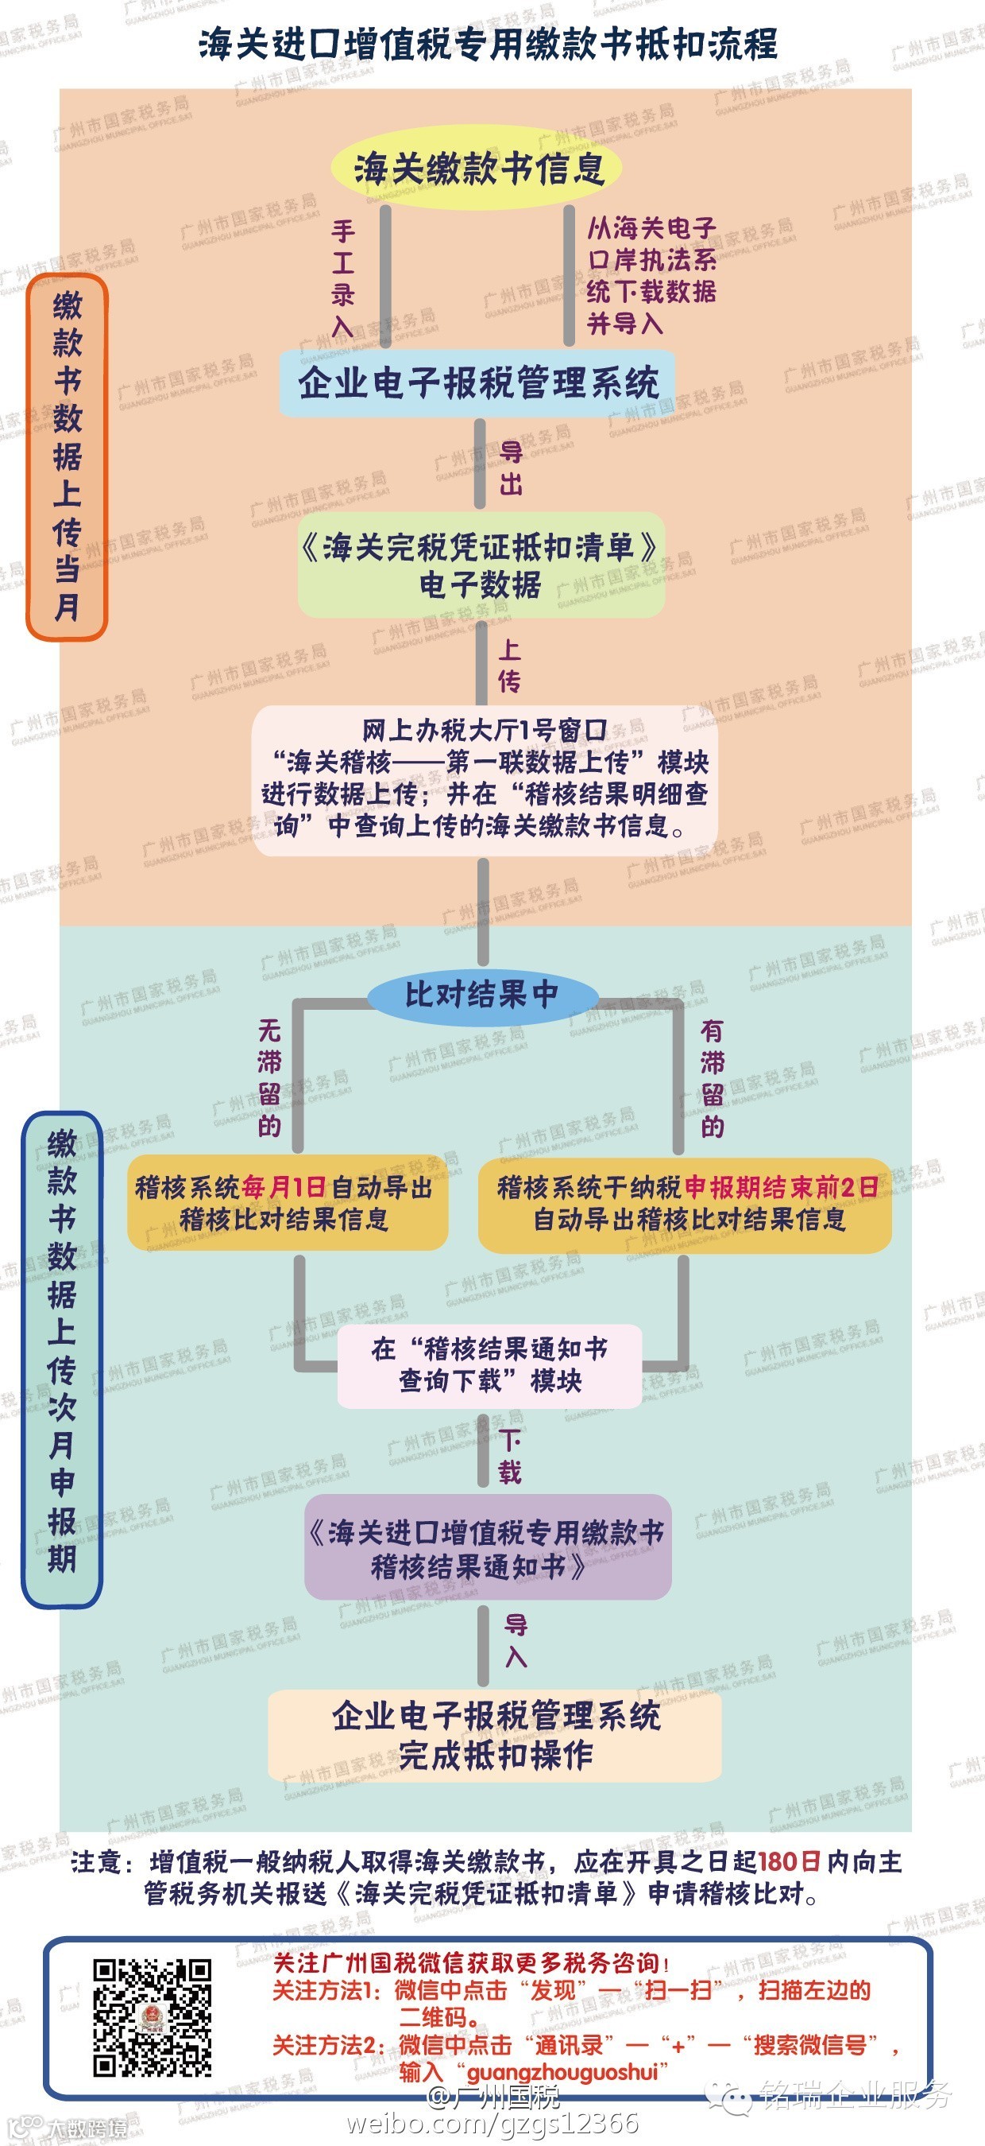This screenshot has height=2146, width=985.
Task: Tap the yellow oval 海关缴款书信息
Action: pos(478,169)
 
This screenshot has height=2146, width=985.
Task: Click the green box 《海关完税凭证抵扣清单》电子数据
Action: pos(481,566)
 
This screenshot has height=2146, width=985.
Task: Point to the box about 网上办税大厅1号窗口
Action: pos(485,779)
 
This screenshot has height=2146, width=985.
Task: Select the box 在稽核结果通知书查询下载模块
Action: pos(489,1364)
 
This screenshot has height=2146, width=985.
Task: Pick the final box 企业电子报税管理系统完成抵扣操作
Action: pos(495,1735)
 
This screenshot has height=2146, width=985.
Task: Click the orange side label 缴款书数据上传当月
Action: pos(68,456)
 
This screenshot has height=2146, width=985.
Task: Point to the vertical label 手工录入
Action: pos(343,277)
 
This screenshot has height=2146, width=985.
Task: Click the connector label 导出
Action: pos(511,468)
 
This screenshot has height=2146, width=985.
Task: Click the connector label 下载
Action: pos(509,1455)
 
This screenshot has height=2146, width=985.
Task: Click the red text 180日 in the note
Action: pos(789,1862)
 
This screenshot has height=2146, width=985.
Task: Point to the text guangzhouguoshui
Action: pos(563,2072)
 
